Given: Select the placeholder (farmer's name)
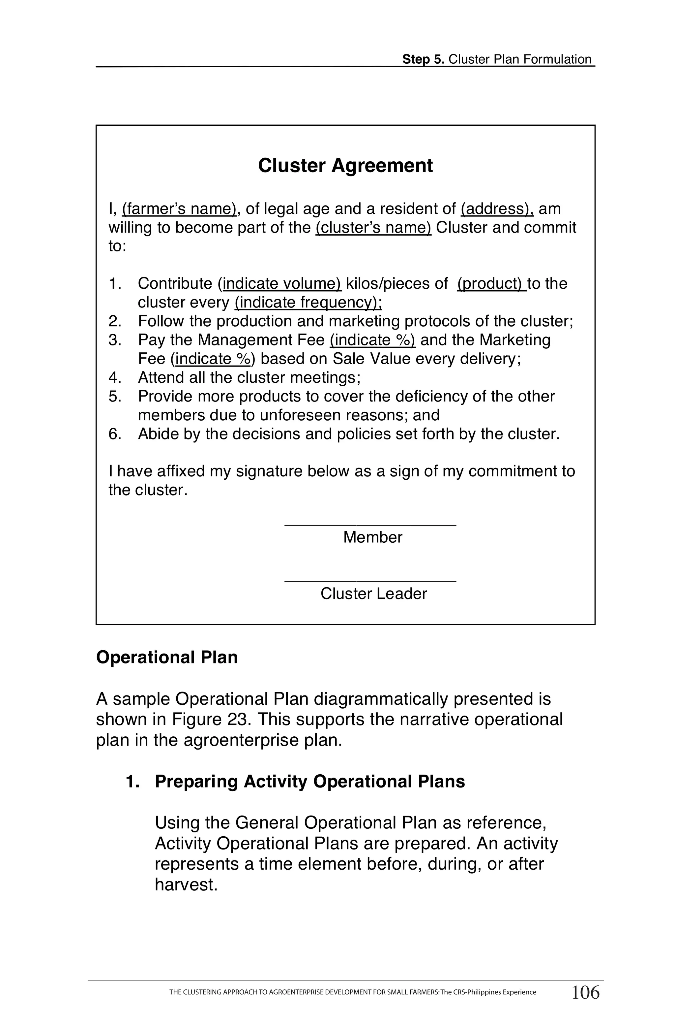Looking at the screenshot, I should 179,209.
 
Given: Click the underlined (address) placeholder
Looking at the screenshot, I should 497,209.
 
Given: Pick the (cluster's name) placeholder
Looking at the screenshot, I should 373,228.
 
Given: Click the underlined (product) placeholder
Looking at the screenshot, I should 491,284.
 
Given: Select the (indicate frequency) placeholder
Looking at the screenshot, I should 308,302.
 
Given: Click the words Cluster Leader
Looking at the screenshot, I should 373,594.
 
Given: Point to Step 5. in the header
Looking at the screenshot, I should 423,59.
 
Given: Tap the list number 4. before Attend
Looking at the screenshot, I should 115,377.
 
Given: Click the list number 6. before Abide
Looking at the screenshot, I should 115,434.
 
